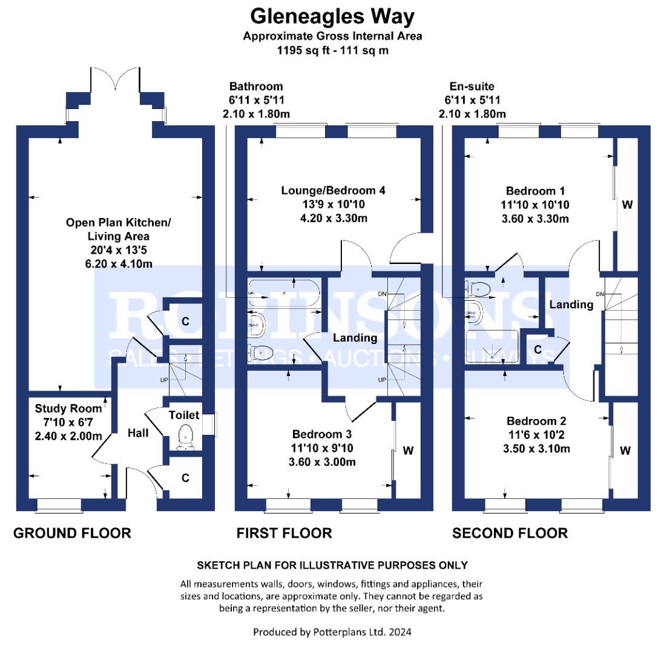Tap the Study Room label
[x=68, y=408]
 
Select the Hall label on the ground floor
[x=138, y=433]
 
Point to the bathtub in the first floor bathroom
[x=283, y=292]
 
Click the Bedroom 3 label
[x=322, y=434]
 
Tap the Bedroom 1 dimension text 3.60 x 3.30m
[x=535, y=219]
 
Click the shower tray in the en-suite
[x=492, y=347]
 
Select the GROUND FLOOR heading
[x=72, y=533]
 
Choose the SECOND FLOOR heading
[x=510, y=533]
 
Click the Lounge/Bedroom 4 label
[x=334, y=190]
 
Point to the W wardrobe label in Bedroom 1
[x=626, y=205]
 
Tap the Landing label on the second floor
[x=571, y=305]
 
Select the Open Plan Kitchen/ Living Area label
[x=118, y=229]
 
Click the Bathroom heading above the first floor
[x=256, y=87]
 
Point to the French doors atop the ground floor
[x=115, y=79]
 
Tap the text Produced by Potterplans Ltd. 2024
[x=332, y=632]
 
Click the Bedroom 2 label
[x=536, y=421]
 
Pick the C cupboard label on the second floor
[x=538, y=349]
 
